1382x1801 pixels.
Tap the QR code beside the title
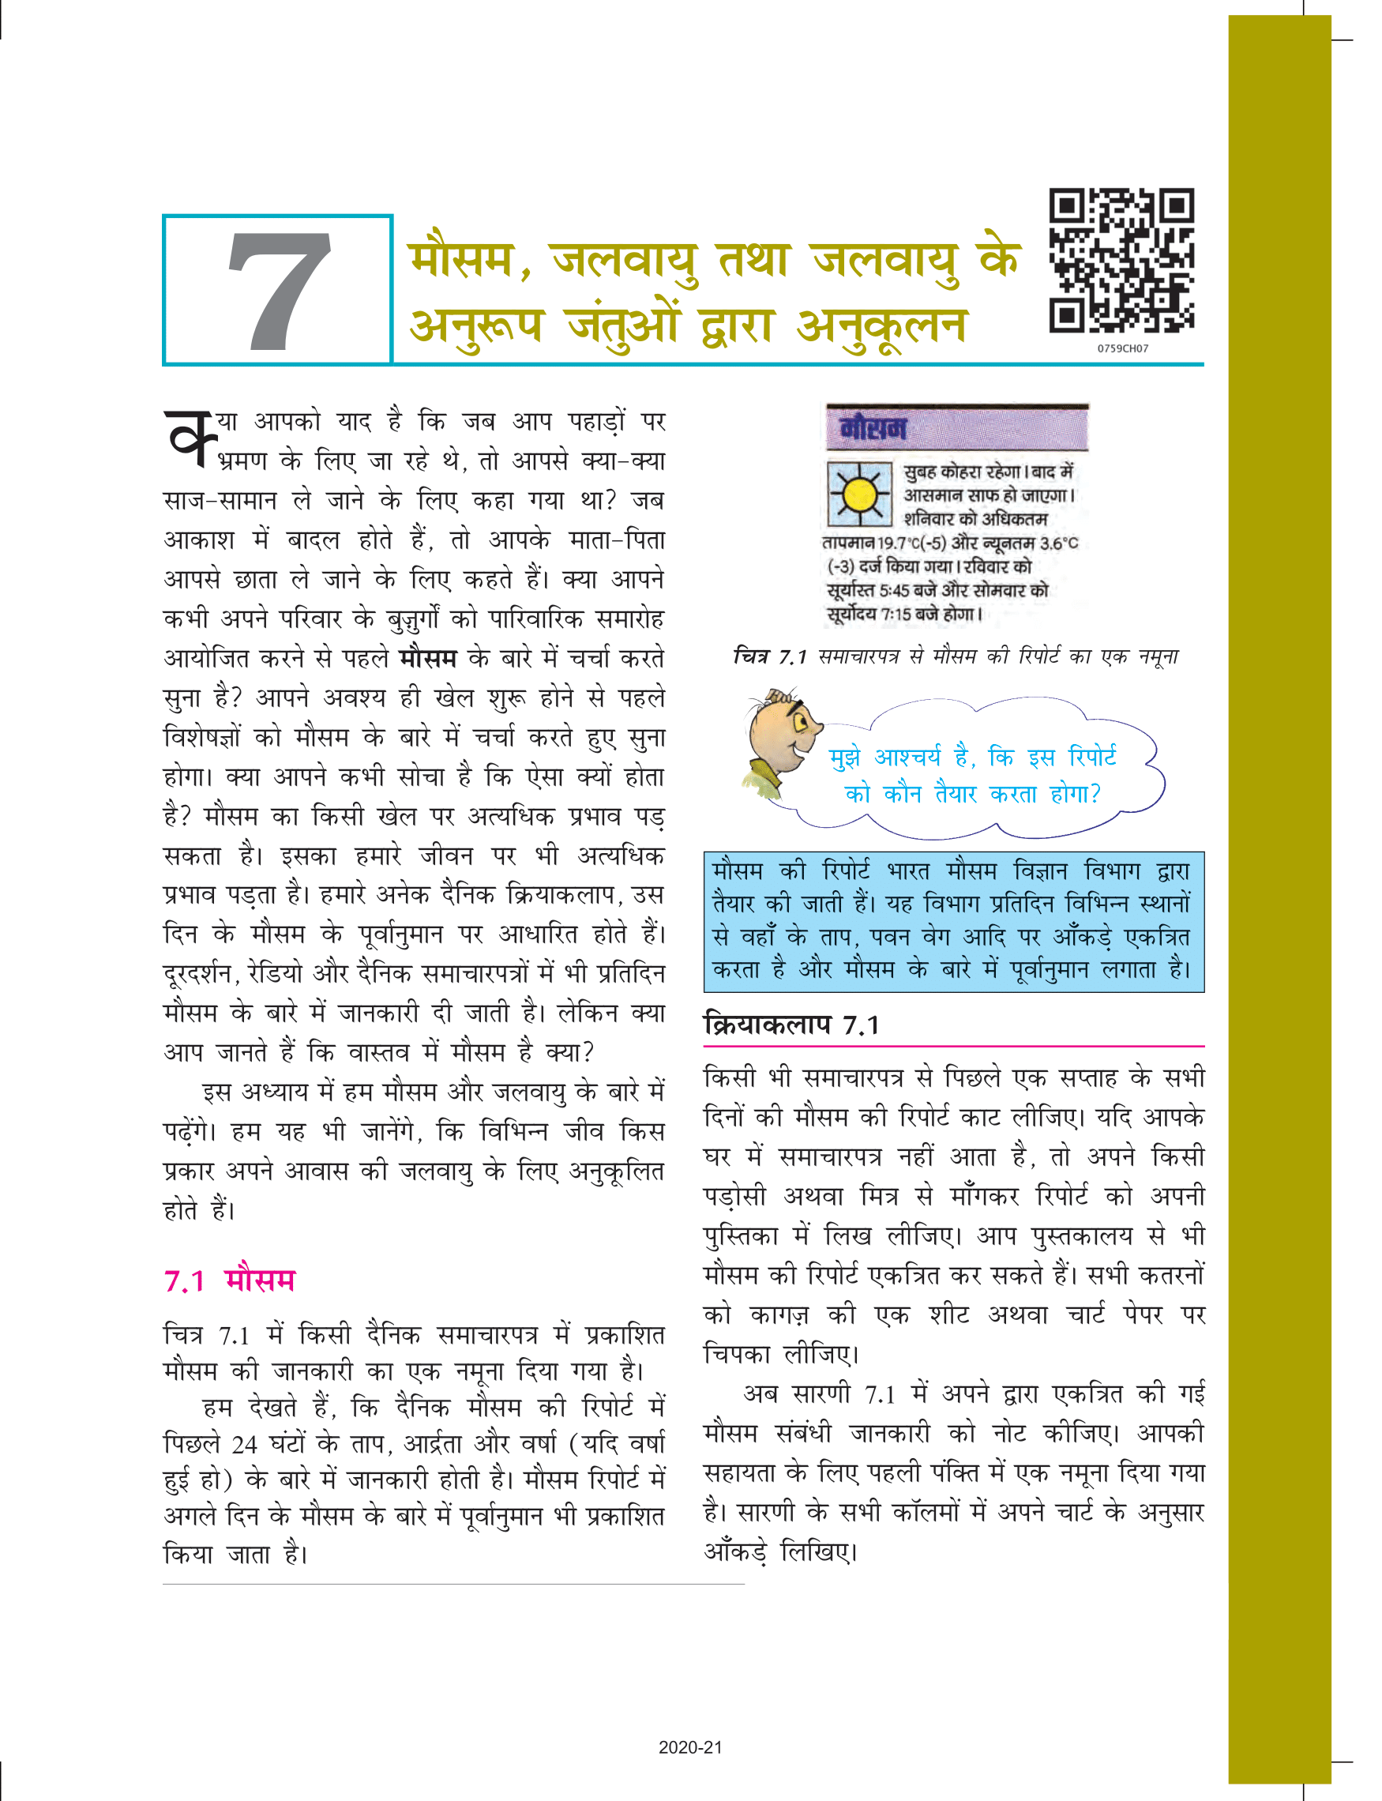tap(1121, 261)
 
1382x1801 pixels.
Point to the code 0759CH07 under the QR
tap(1122, 349)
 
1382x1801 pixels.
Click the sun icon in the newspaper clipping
tap(859, 494)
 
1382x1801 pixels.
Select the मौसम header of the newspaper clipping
tap(873, 428)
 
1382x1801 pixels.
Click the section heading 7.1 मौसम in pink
tap(230, 1280)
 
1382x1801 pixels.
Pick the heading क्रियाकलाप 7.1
tap(791, 1025)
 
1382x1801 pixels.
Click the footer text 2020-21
tap(690, 1747)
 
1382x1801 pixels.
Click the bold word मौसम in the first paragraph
tap(427, 658)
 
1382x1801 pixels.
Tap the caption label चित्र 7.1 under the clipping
tap(769, 656)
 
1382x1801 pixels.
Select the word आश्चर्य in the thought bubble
tap(907, 756)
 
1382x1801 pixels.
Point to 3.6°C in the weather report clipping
tap(1058, 543)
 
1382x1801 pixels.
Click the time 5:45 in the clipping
tap(894, 590)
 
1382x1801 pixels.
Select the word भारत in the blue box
tap(909, 870)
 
